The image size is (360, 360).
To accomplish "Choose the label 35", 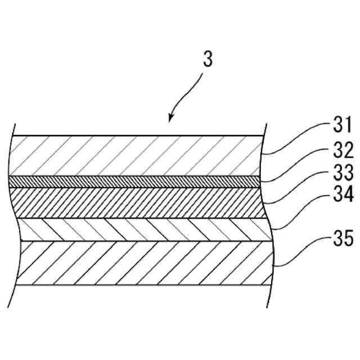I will click(x=341, y=240).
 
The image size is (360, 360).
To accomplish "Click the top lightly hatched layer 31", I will click(x=135, y=156).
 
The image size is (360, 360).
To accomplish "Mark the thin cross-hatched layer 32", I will click(x=135, y=180).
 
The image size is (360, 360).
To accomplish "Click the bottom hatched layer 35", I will click(x=135, y=263).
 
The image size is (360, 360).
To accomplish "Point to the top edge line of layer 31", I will click(x=135, y=136).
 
